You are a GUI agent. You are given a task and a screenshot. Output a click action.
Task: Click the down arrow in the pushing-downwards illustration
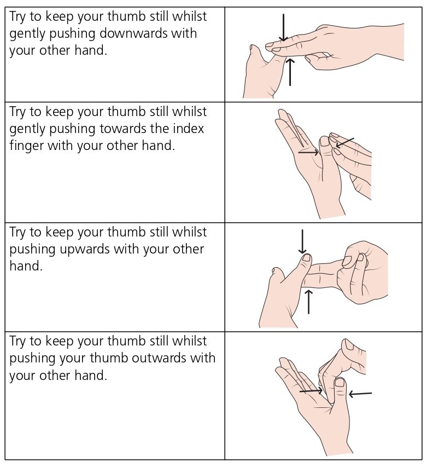[x=283, y=28]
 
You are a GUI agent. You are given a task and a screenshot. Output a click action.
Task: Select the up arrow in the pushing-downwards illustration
[x=290, y=72]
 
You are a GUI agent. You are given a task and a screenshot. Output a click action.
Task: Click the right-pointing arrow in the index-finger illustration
[x=308, y=152]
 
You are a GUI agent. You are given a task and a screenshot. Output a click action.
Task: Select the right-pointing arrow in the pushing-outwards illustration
[x=311, y=391]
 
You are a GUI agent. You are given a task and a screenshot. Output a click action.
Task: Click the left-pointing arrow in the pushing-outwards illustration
[x=360, y=393]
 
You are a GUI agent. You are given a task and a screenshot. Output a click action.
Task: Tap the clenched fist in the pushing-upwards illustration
[x=364, y=271]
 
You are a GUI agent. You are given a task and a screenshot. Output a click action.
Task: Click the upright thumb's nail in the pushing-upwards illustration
[x=306, y=257]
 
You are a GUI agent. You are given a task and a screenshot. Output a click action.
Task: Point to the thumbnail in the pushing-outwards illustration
[x=340, y=382]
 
